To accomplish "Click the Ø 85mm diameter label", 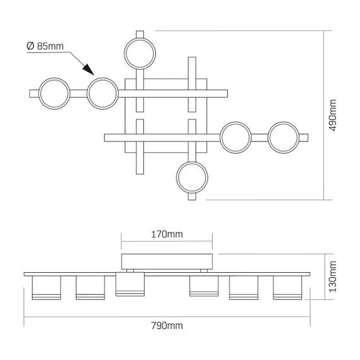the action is coord(45,46).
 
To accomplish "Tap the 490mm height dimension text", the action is coord(333,115).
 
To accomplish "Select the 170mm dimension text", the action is coord(167,234).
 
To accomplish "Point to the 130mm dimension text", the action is coord(333,277).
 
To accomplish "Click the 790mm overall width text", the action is coord(167,326).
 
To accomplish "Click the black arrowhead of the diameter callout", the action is coord(88,69).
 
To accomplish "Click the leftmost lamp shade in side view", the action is coord(46,287).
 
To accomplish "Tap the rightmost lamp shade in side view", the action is coord(287,287).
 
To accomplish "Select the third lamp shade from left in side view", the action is coord(130,284).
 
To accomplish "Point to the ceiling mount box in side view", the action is coord(167,261).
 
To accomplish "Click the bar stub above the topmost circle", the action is coord(140,34).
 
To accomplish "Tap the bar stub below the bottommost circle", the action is coord(192,196).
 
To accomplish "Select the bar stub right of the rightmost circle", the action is coord(304,138).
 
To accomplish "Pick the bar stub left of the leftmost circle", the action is coord(34,93).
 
